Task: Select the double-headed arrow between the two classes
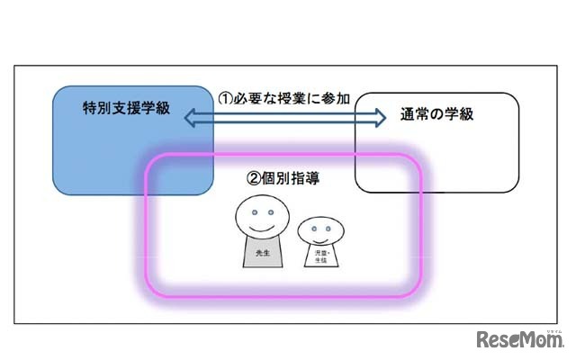tap(285, 116)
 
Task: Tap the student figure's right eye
tap(323, 230)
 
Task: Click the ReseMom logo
tap(520, 340)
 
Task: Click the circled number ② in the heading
tap(253, 177)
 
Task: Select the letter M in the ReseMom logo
tap(531, 341)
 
